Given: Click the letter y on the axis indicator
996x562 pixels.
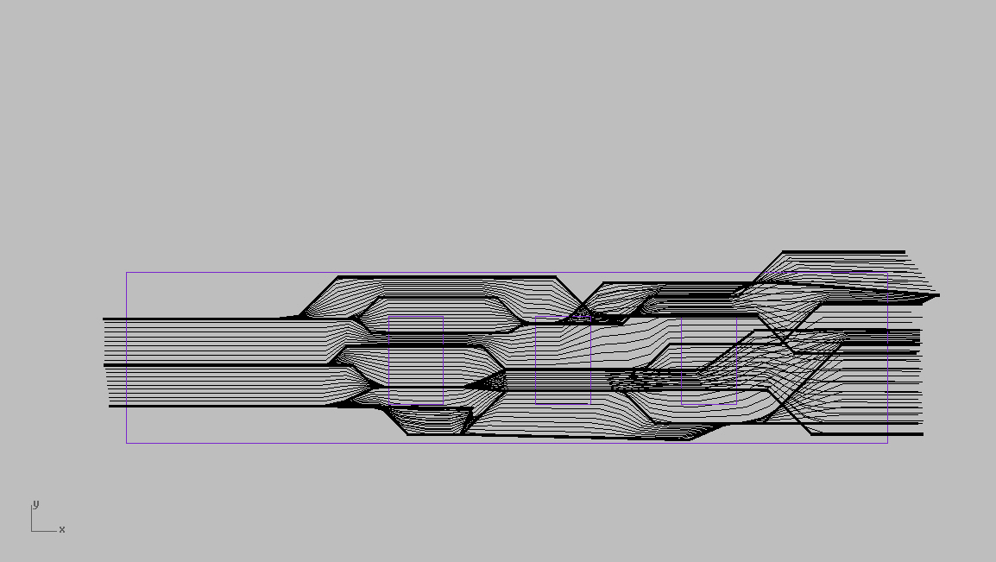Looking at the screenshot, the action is tap(35, 505).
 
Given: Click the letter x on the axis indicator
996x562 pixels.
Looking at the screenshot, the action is tap(61, 529).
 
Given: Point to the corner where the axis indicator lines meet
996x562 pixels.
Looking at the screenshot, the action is tap(32, 531).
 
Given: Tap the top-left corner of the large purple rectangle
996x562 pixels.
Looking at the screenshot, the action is tap(126, 273).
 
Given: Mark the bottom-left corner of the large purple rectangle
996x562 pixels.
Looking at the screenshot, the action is tap(126, 443).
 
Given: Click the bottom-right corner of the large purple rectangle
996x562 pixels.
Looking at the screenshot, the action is tap(887, 443).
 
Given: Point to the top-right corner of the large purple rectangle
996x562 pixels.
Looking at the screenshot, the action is tap(887, 273).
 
